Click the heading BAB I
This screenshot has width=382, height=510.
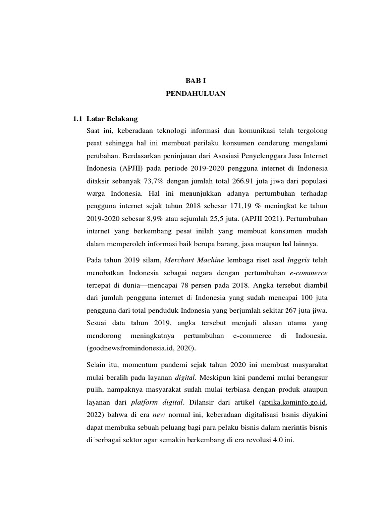click(x=194, y=80)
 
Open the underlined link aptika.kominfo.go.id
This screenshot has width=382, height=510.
click(x=294, y=402)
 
